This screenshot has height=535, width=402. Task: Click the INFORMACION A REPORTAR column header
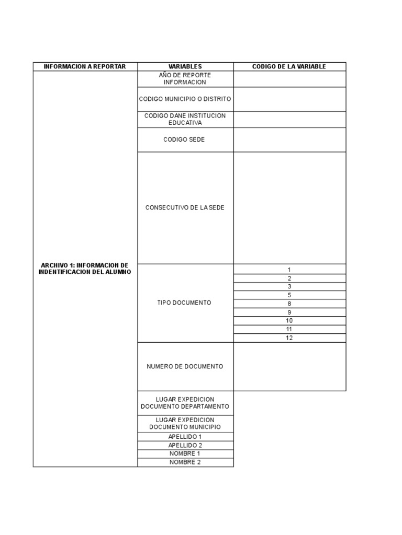[x=85, y=66]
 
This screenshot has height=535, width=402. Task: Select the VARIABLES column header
[x=185, y=66]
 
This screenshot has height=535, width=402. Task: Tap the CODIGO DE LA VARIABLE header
[x=289, y=66]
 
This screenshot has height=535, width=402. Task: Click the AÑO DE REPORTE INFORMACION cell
[x=185, y=79]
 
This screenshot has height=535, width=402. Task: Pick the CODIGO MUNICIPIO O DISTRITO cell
[x=185, y=99]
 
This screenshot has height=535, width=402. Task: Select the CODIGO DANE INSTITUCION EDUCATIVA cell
[x=185, y=119]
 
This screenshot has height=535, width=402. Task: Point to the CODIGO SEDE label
[x=185, y=139]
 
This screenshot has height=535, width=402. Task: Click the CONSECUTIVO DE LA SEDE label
[x=185, y=207]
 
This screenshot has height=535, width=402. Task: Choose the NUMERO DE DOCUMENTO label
[x=185, y=366]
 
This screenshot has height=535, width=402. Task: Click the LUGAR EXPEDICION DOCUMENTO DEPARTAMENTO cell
[x=185, y=403]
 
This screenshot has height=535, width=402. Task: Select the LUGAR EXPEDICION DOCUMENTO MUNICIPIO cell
[x=185, y=423]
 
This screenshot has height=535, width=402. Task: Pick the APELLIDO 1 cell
[x=185, y=436]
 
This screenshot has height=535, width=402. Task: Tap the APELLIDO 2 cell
[x=185, y=445]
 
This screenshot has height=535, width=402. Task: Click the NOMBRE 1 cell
[x=185, y=453]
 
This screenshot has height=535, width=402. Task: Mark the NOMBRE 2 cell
[x=185, y=462]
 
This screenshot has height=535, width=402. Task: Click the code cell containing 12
[x=289, y=338]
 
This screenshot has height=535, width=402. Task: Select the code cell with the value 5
[x=289, y=295]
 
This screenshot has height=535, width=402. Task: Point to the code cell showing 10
[x=289, y=321]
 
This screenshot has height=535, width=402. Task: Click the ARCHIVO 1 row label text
[x=85, y=269]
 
